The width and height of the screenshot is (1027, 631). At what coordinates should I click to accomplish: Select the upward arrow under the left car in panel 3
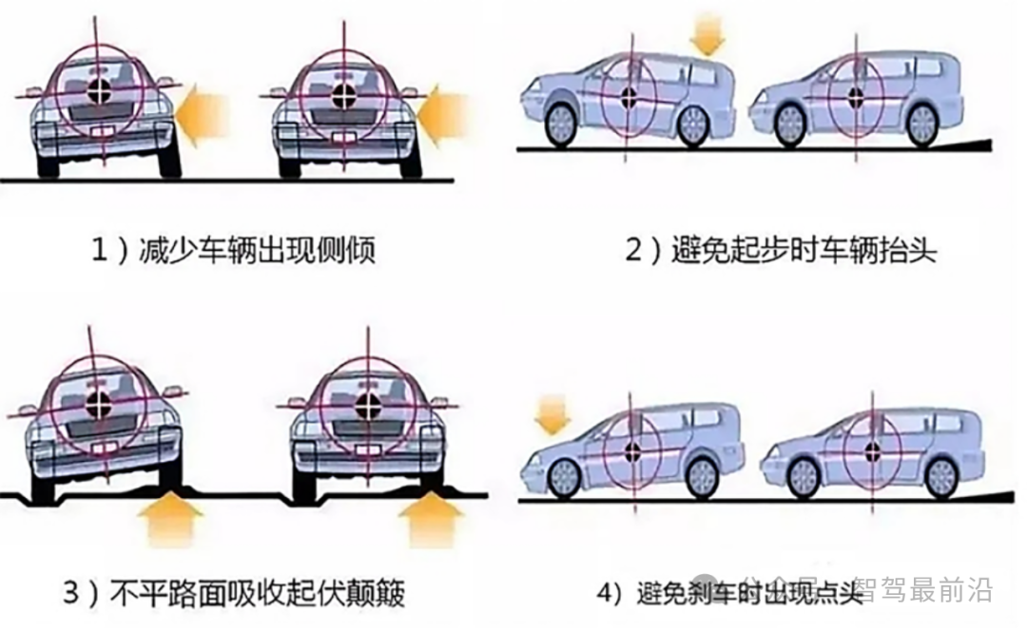point(170,524)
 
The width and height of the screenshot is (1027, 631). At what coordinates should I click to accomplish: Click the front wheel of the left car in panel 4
point(564,477)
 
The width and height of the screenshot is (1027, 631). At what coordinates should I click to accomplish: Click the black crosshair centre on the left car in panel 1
point(96,91)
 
